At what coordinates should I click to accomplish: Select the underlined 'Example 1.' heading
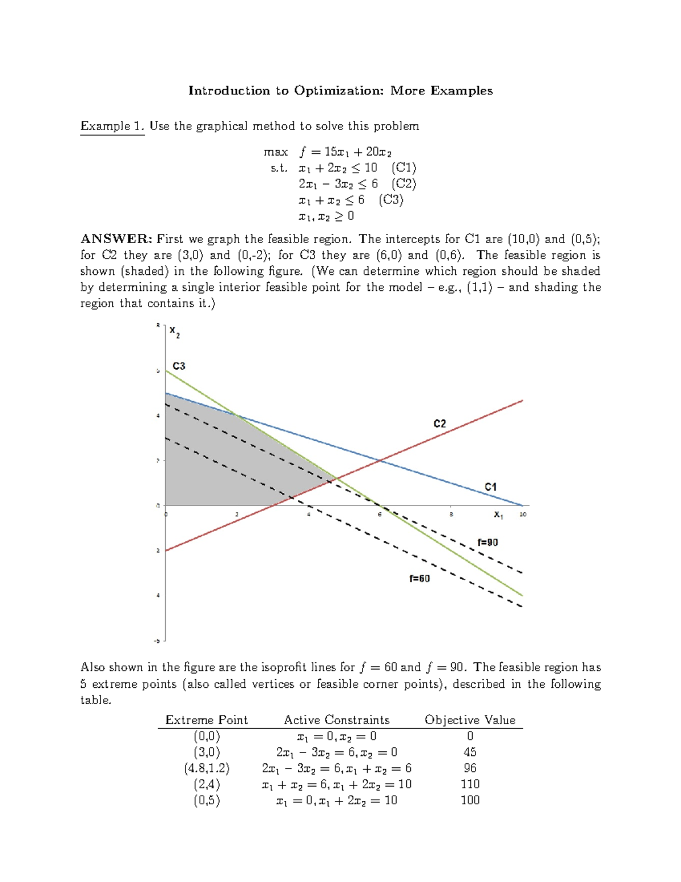tap(112, 126)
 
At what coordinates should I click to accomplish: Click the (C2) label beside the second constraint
tap(403, 183)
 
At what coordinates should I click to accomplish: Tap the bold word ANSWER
tap(116, 239)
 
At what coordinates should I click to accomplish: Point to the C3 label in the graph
tap(179, 366)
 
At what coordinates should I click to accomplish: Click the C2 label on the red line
tap(440, 424)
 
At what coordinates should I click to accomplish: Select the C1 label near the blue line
tap(490, 487)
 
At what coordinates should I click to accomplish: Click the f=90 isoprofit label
tap(487, 542)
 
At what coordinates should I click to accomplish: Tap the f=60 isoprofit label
tap(419, 579)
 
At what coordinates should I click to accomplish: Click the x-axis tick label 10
tap(523, 514)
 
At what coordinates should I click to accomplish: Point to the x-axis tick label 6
tap(380, 514)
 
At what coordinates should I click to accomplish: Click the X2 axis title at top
tap(175, 332)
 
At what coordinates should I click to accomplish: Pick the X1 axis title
tap(498, 515)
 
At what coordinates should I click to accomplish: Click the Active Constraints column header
tap(337, 720)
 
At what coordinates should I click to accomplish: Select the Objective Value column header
tap(470, 720)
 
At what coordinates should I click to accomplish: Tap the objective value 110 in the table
tap(470, 784)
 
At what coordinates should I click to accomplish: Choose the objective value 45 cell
tap(470, 752)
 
